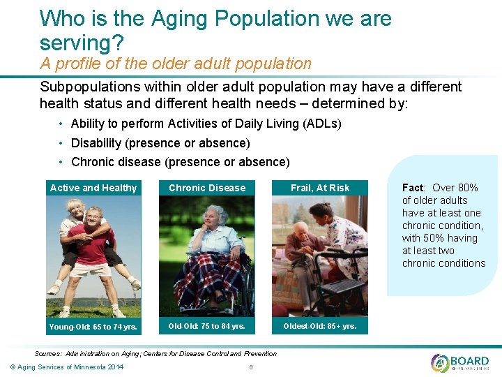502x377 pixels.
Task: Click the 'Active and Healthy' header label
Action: pos(93,188)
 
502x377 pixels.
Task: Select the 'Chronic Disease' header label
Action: pos(207,188)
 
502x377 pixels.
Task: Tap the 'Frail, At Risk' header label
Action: pos(320,188)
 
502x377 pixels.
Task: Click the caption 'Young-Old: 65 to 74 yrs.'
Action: pos(93,327)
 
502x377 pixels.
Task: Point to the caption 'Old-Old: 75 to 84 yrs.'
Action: pos(206,326)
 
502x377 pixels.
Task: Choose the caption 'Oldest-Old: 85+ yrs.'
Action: pos(319,326)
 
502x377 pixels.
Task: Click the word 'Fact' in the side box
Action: pos(413,188)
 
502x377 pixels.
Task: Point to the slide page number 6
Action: pos(250,367)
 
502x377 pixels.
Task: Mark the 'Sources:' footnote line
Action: pos(155,353)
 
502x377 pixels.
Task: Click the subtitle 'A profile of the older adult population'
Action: pos(176,64)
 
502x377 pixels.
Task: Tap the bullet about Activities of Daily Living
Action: pos(206,124)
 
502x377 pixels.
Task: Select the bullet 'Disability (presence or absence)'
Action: pos(160,143)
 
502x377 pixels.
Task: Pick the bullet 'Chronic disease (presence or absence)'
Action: pos(180,162)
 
